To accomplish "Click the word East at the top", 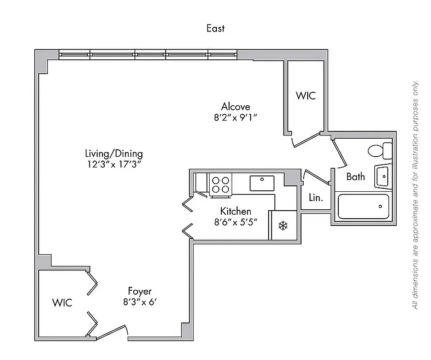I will pyautogui.click(x=215, y=28).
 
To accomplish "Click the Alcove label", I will pyautogui.click(x=235, y=107).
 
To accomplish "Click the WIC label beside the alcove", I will pyautogui.click(x=305, y=95).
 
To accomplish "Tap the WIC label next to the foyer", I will pyautogui.click(x=62, y=302).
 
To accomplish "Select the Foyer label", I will pyautogui.click(x=139, y=291).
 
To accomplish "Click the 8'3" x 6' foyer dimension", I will pyautogui.click(x=139, y=302).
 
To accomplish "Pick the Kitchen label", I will pyautogui.click(x=235, y=211).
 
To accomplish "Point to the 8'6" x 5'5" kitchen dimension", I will pyautogui.click(x=235, y=222).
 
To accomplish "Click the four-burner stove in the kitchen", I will pyautogui.click(x=220, y=184).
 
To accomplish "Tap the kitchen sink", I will pyautogui.click(x=262, y=183).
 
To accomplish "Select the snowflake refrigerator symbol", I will pyautogui.click(x=283, y=225).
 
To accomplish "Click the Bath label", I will pyautogui.click(x=355, y=176).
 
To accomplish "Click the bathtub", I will pyautogui.click(x=363, y=207).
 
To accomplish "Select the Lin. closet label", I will pyautogui.click(x=315, y=197).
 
